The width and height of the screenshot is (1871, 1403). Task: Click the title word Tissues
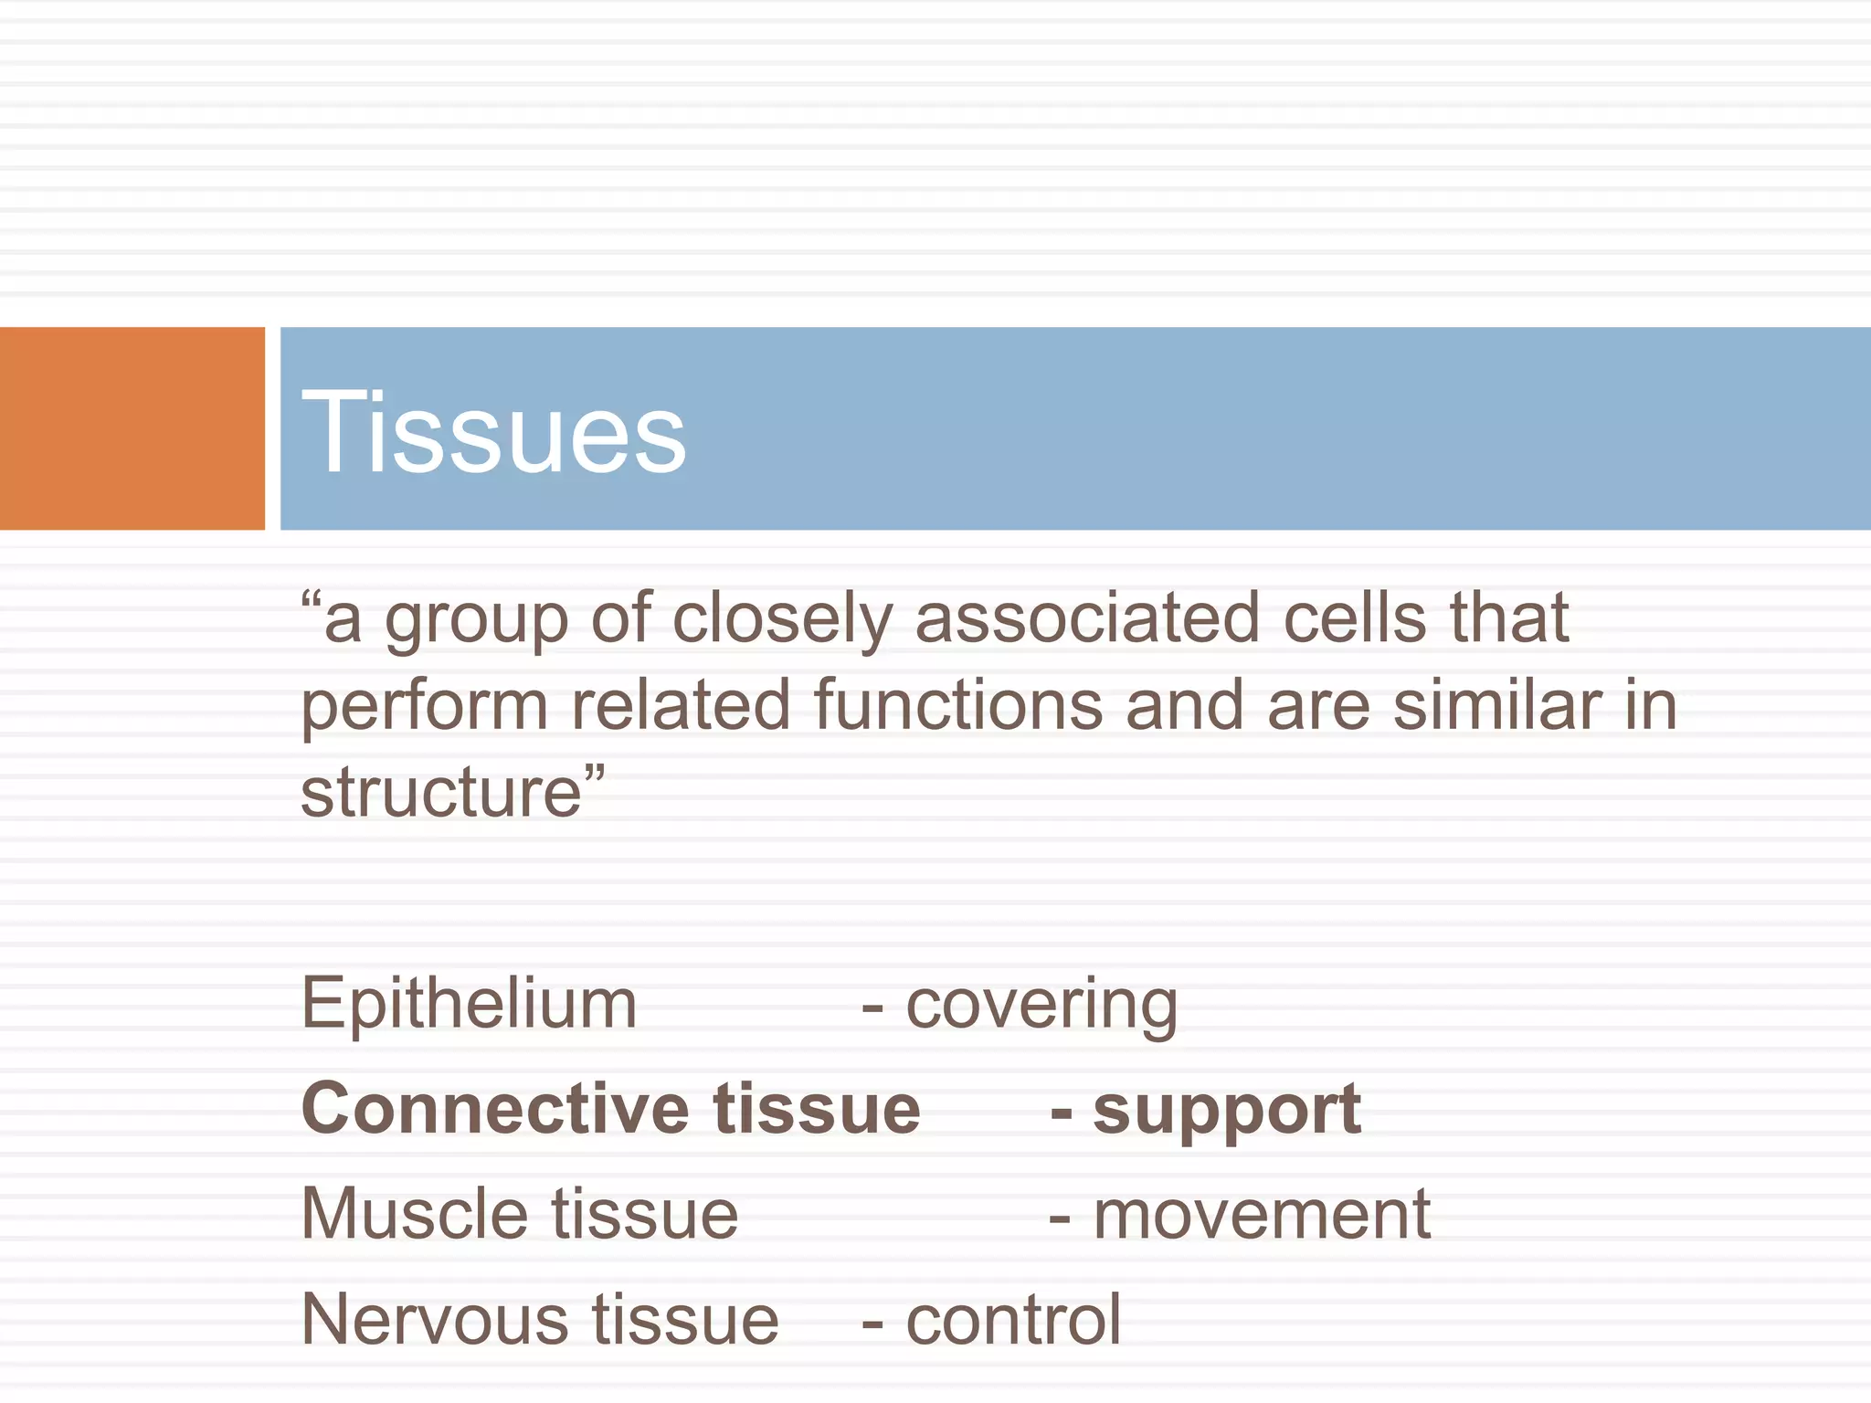coord(493,431)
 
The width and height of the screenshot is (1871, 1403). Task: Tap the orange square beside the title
coord(132,428)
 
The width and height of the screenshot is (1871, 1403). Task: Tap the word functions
coord(958,705)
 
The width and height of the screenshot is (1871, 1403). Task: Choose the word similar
coord(1497,705)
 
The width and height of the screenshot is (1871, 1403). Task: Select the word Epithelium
coord(469,1004)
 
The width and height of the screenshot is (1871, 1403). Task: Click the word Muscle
coord(415,1215)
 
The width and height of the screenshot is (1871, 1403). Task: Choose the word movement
coord(1262,1216)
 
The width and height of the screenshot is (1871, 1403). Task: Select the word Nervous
coord(435,1321)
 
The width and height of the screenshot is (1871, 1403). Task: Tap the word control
coord(1013,1321)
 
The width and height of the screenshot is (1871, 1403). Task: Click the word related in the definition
coord(681,705)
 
